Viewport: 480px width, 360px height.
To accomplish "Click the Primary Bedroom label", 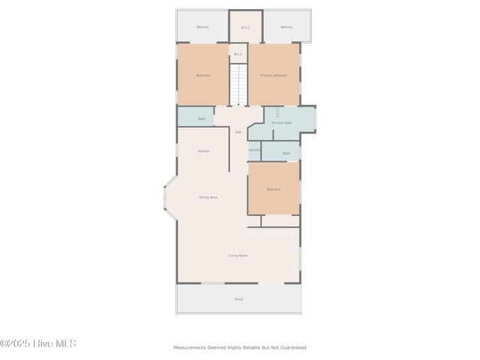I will point(274,76).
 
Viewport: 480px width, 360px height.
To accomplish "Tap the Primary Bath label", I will point(282,122).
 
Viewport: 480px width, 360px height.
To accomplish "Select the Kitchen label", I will point(203,151).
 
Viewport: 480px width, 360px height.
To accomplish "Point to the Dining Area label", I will point(208,197).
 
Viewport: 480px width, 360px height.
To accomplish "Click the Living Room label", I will point(238,256).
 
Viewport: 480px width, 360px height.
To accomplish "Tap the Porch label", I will point(238,299).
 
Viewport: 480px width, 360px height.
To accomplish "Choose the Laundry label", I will point(254,150).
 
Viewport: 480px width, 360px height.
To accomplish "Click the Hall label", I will point(238,132).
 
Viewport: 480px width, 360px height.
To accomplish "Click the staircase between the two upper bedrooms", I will point(238,85).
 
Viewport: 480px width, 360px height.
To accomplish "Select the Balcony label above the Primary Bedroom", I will point(286,27).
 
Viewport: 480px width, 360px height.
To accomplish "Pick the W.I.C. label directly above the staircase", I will point(238,54).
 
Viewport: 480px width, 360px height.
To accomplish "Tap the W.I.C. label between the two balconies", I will point(245,28).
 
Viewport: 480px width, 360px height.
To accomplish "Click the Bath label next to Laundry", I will point(286,153).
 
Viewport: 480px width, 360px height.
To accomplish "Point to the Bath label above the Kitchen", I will point(201,118).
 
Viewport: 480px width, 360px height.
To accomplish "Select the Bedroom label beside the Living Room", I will point(273,189).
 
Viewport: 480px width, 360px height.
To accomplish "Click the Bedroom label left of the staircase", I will point(202,76).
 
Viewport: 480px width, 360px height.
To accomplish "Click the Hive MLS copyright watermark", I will point(38,344).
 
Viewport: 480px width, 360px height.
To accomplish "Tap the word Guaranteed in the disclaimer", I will point(293,347).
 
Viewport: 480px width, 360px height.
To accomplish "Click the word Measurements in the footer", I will point(190,347).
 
